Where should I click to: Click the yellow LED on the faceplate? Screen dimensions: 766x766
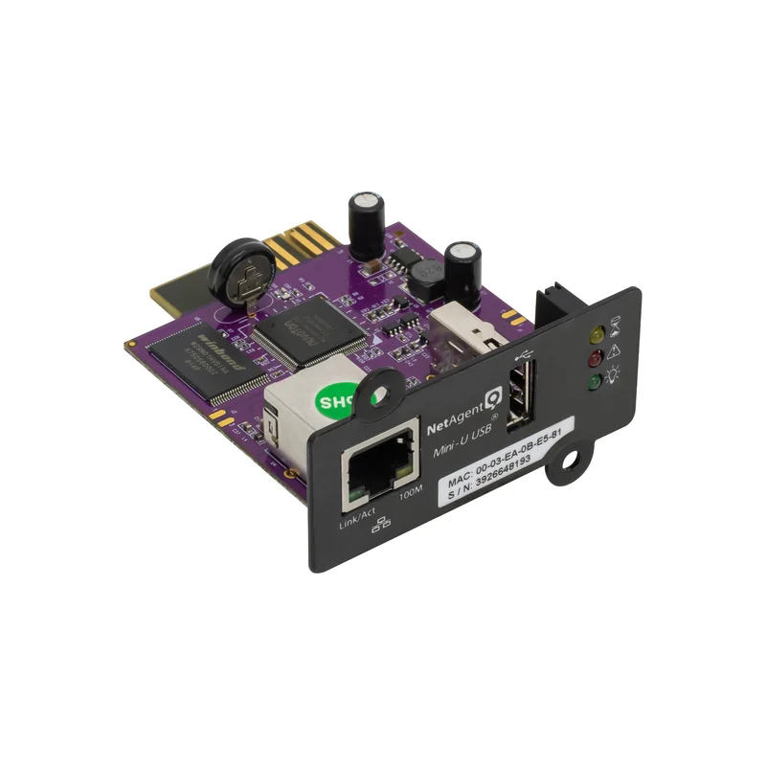(x=597, y=335)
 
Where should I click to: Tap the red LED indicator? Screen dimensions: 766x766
(x=595, y=359)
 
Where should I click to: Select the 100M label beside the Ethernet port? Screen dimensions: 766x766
(x=412, y=496)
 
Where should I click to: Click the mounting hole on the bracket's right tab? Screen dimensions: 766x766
(x=572, y=460)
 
